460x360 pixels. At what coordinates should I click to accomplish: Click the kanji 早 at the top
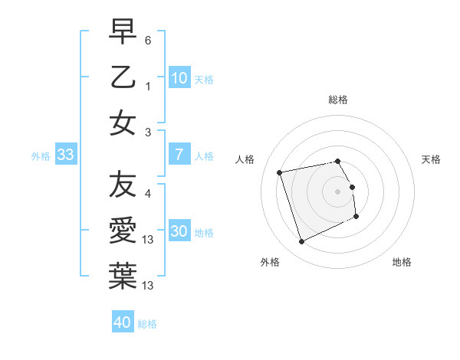pos(123,33)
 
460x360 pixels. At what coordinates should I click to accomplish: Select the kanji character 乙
pos(123,77)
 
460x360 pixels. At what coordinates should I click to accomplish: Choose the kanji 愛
pos(123,230)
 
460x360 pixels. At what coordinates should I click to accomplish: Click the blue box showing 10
pos(179,77)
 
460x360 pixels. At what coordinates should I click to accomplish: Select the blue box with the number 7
pos(179,155)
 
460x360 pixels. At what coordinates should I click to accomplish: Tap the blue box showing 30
pos(179,231)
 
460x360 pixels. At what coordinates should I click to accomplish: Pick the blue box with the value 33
pos(65,155)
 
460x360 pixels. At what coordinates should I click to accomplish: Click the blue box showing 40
pos(123,322)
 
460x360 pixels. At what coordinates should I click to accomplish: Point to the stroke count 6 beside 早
pos(148,39)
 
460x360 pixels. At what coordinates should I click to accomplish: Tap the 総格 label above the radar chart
pos(337,100)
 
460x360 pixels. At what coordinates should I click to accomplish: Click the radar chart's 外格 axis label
pos(270,262)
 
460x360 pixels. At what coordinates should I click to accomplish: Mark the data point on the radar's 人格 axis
pos(280,172)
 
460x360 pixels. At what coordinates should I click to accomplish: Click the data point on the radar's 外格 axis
pos(301,242)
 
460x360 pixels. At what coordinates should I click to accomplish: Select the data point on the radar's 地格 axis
pos(357,217)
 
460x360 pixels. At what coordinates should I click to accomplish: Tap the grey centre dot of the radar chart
pos(337,191)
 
